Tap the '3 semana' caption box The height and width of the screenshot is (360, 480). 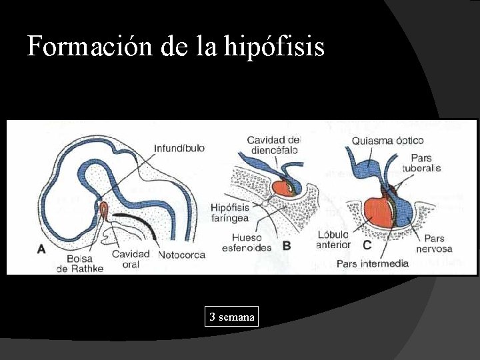click(231, 317)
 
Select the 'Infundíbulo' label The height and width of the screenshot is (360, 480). click(179, 147)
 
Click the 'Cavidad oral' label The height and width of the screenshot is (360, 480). click(131, 259)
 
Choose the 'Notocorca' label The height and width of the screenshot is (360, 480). click(182, 255)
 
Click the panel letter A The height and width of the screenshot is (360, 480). click(41, 249)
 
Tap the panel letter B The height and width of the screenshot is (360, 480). click(287, 245)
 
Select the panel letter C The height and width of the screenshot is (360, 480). click(367, 245)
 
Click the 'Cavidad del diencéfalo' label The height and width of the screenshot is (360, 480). click(273, 145)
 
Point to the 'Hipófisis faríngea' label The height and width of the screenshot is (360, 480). click(229, 211)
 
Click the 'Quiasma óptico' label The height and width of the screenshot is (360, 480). click(387, 141)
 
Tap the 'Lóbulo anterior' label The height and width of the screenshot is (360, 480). click(334, 239)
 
